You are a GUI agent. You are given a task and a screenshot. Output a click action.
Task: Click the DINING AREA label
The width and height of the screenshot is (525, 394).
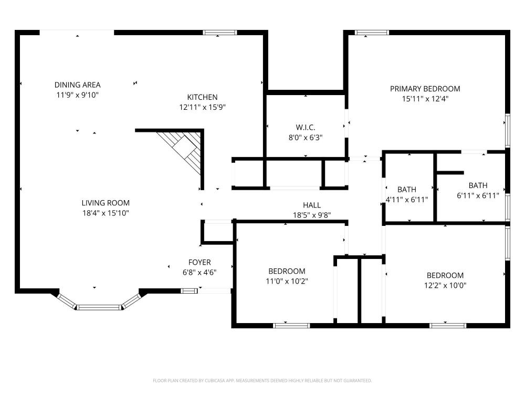coord(77,85)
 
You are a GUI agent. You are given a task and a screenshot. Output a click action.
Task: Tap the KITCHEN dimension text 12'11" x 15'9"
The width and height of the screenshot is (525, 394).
coord(202,107)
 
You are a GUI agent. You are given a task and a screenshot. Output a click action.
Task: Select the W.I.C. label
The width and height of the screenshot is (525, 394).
coord(306,127)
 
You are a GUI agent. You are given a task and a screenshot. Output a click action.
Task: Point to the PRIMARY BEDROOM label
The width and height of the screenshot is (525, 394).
coord(425,89)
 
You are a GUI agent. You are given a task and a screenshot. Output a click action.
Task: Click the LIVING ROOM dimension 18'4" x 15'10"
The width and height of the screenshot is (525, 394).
coord(106,213)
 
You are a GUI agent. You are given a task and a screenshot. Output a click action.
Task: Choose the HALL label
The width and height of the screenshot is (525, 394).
coord(312,205)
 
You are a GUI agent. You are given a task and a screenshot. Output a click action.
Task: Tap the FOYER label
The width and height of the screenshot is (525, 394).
coord(199,262)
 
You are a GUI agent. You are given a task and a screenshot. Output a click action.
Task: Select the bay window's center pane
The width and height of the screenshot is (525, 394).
coord(99,307)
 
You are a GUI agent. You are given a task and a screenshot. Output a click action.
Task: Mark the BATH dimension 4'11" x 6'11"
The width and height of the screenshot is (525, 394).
coord(407,200)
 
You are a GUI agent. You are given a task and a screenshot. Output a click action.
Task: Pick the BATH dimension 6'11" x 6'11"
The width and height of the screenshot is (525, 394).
coord(478,195)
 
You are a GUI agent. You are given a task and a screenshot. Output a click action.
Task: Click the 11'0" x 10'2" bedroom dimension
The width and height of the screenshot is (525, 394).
coord(287,281)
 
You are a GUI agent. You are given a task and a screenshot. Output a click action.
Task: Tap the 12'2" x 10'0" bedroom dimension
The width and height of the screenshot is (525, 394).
coord(445,285)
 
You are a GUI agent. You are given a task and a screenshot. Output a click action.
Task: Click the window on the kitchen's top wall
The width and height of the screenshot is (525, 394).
coord(220,33)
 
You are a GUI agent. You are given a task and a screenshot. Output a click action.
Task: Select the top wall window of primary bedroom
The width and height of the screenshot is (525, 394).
coord(372,33)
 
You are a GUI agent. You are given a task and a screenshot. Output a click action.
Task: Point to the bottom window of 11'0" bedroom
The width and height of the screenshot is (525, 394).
coord(291,325)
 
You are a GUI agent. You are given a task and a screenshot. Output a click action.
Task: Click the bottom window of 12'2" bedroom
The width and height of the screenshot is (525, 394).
coord(448,325)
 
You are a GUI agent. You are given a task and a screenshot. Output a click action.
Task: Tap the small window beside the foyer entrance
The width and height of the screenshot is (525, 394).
coord(189,291)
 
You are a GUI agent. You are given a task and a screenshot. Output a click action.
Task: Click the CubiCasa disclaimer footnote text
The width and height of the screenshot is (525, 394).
coord(262,380)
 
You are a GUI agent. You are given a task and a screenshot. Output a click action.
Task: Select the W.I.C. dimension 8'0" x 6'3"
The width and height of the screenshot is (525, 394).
coord(306,137)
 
